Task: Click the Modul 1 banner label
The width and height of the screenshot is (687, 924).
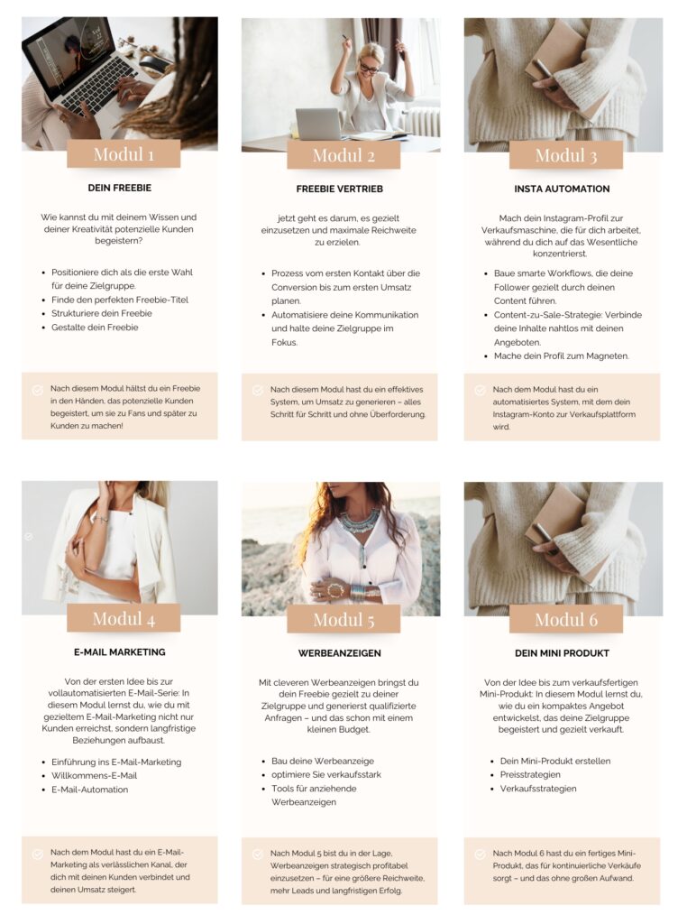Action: pos(124,154)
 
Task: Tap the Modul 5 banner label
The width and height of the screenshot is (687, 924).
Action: pos(343,619)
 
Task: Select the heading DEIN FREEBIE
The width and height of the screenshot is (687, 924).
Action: pos(120,188)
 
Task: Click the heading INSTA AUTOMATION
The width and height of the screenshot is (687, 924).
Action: pos(562,189)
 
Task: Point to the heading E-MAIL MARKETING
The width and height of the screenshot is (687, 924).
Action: pos(120,652)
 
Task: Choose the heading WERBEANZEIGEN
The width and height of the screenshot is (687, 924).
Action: pos(340,653)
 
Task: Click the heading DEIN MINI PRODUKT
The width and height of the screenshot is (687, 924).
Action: pos(562,653)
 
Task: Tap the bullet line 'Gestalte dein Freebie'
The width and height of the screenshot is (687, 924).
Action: pos(95,328)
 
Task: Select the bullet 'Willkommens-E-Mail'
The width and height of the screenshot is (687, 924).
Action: pos(94,775)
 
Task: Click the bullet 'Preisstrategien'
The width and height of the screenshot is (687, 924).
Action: pos(530,775)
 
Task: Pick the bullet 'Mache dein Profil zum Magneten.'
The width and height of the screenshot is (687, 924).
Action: pos(562,356)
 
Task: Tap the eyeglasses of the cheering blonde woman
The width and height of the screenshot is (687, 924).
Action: pos(369,69)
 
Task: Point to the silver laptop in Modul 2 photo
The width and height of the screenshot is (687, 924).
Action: pos(318,125)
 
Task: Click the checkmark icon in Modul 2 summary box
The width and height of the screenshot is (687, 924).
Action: pos(257,390)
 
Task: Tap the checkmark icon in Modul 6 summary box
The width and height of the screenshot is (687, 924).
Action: pos(480,854)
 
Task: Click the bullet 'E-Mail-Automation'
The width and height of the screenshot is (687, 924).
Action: pos(89,790)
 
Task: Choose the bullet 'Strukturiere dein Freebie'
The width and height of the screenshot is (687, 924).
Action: pos(102,313)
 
